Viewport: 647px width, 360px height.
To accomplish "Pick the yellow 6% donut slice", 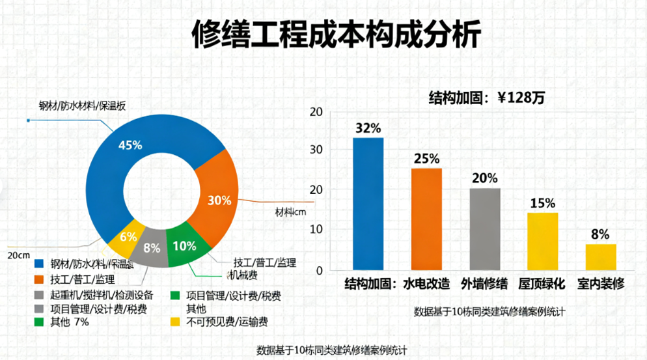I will coord(128,238).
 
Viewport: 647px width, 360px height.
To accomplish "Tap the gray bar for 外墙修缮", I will coord(484,228).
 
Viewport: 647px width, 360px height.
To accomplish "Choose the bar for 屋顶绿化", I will coord(542,241).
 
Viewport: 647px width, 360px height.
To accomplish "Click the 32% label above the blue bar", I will coord(368,128).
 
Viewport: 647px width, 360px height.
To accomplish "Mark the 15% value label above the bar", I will coord(542,203).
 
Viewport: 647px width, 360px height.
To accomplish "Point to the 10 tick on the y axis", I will coord(317,229).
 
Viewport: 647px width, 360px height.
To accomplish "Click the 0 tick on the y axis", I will coord(320,270).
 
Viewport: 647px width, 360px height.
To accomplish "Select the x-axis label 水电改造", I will coord(426,284).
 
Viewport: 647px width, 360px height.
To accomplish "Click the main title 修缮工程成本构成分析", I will coord(337,35).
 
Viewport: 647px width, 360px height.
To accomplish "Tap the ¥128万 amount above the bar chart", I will coord(521,98).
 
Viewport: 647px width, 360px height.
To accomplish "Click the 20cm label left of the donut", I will coord(20,254).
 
